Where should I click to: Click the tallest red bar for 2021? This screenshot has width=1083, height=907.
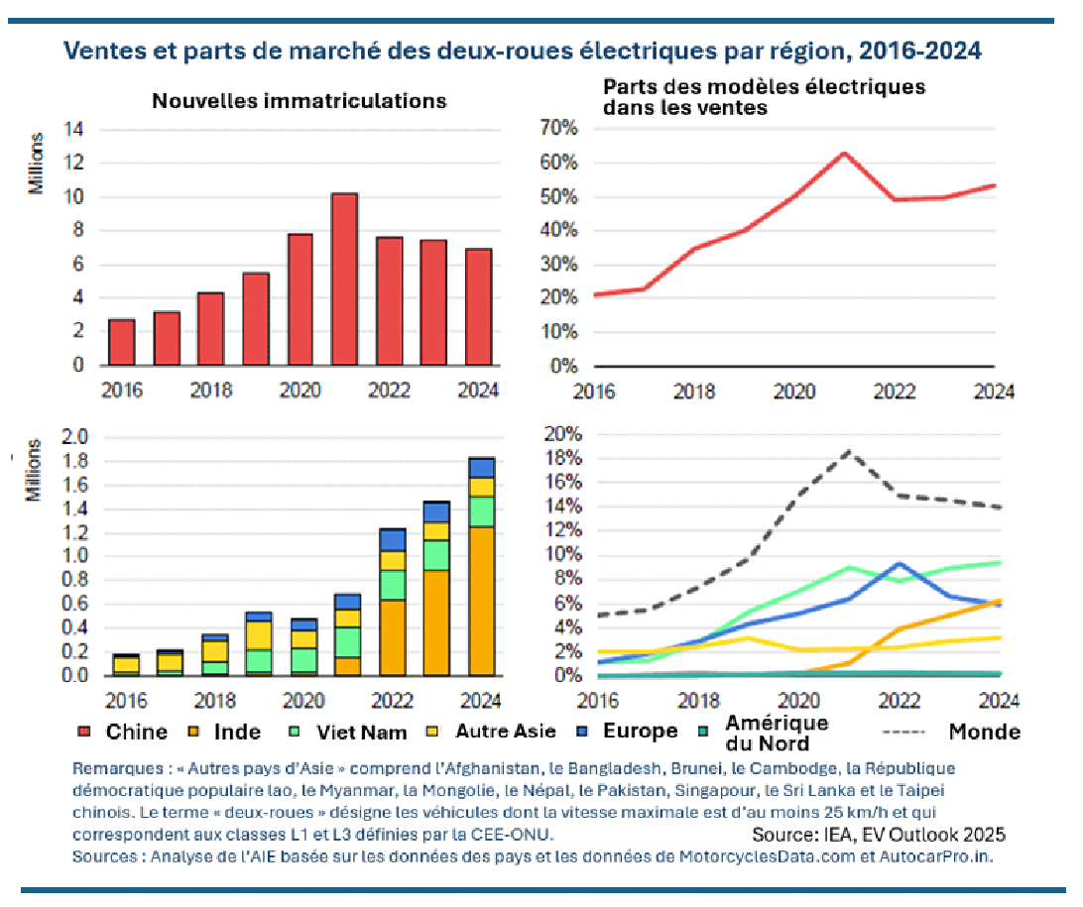344,280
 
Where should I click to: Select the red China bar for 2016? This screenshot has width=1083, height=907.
121,342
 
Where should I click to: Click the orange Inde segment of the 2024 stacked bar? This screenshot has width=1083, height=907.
481,601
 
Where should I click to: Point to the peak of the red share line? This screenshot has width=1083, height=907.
844,154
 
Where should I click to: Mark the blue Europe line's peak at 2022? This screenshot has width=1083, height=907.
898,564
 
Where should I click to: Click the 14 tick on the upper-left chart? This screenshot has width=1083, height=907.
74,130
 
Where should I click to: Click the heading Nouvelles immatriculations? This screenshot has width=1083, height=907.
299,101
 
